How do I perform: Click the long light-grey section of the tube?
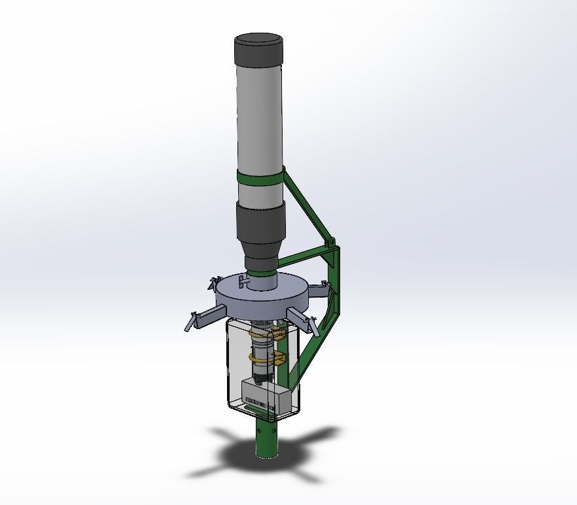[x=259, y=118]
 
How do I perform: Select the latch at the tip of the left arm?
[x=190, y=322]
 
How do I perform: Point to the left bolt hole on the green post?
[x=259, y=431]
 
